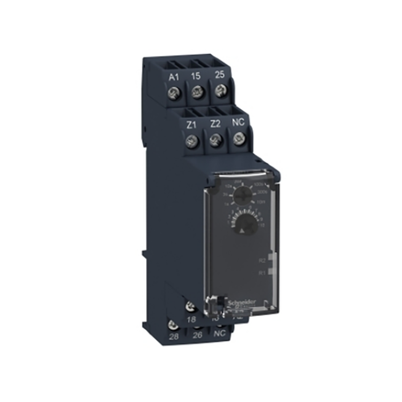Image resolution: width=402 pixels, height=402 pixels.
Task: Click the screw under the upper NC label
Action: point(237,141)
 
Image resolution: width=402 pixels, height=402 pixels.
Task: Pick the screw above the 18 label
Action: point(189,306)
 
